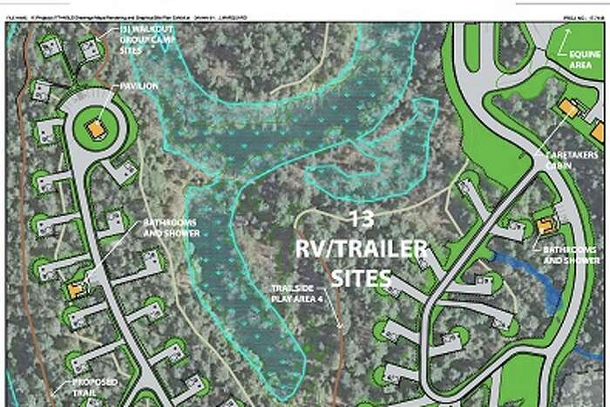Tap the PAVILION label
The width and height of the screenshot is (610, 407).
140,86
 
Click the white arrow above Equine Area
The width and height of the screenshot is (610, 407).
566,40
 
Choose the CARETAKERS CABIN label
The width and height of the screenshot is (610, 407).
572,161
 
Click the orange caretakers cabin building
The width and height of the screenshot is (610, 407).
568,107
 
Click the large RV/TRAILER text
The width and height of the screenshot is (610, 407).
361,249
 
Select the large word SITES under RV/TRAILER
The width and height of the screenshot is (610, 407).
361,278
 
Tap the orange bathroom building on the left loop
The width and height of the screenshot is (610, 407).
76,288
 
